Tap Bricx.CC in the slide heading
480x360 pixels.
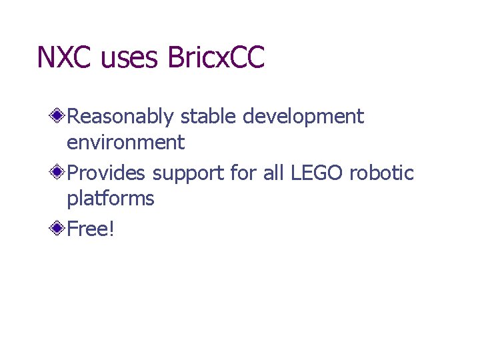point(216,57)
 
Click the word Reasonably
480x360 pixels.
point(121,117)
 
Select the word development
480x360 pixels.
point(303,117)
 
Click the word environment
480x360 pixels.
point(125,142)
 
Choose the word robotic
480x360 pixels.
point(381,173)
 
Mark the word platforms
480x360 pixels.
point(111,199)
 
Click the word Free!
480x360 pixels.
point(91,229)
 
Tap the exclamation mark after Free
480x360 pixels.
point(112,229)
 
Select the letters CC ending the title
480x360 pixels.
point(247,57)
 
